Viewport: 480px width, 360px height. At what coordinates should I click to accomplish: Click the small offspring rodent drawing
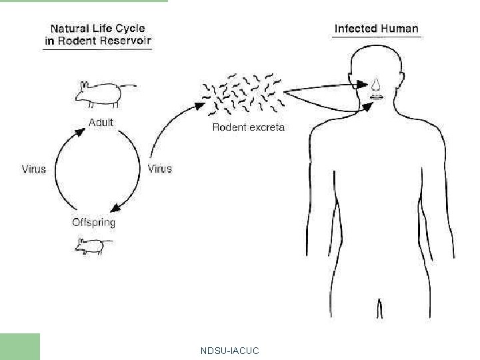click(90, 247)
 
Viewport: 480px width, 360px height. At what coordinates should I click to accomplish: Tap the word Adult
click(101, 123)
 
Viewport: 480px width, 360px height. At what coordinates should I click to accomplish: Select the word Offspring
click(93, 223)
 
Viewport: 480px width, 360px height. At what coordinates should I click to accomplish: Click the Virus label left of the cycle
click(34, 169)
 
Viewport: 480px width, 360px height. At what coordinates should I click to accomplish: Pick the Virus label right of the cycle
click(159, 169)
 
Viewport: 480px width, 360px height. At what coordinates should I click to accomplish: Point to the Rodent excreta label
click(248, 127)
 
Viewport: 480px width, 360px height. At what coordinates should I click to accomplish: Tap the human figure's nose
click(377, 84)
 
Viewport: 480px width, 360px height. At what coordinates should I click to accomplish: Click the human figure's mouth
click(377, 97)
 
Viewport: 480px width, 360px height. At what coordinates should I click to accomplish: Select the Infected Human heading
click(376, 29)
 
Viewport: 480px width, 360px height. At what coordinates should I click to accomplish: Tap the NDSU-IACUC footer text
click(229, 351)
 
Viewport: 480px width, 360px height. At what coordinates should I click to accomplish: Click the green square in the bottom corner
click(20, 347)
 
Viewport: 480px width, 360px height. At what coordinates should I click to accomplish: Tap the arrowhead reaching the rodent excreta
click(199, 104)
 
